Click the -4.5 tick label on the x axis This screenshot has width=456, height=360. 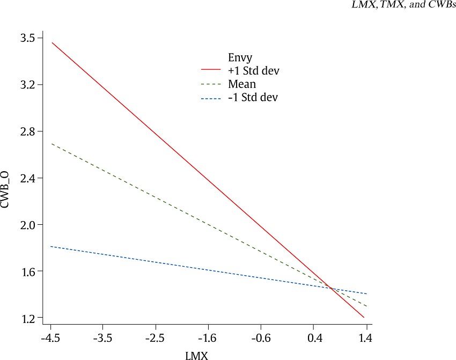click(51, 339)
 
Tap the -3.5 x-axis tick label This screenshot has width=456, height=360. click(104, 339)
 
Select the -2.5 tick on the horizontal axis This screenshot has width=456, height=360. click(156, 339)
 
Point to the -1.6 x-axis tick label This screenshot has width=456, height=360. click(208, 339)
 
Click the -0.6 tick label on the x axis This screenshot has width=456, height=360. click(261, 339)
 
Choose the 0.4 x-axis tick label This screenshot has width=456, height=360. click(314, 339)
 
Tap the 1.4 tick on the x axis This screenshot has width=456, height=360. click(367, 339)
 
